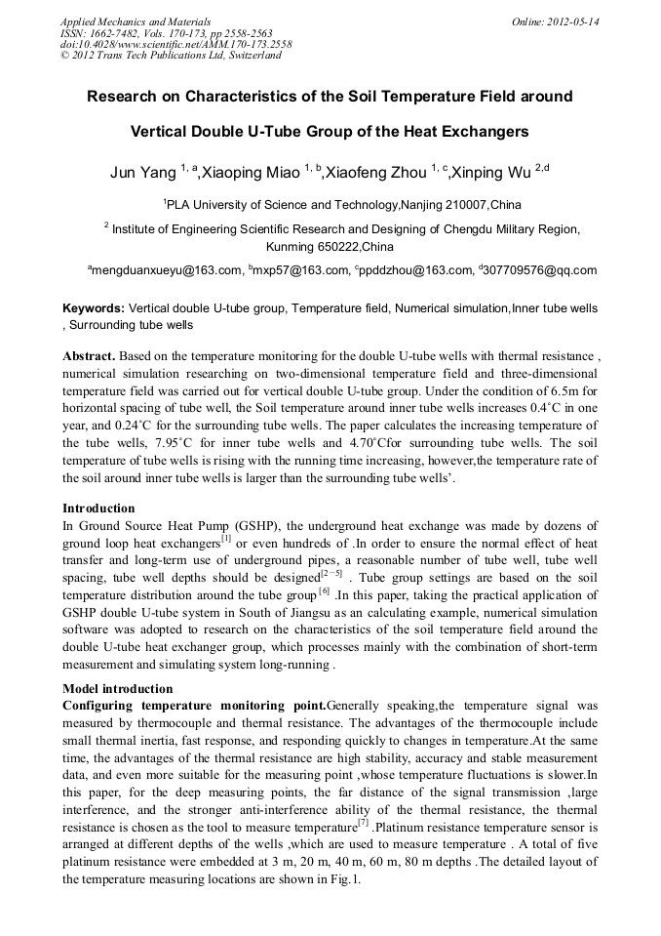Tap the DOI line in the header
175,45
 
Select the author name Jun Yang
143,174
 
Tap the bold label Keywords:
94,307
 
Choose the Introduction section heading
98,508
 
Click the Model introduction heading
117,688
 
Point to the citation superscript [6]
324,590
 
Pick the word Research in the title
127,98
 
